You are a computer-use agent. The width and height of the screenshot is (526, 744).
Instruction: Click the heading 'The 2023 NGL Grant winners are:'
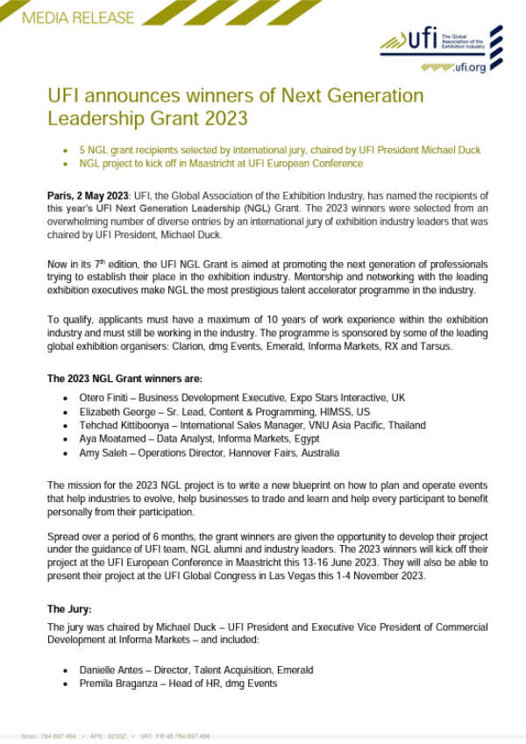point(124,379)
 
